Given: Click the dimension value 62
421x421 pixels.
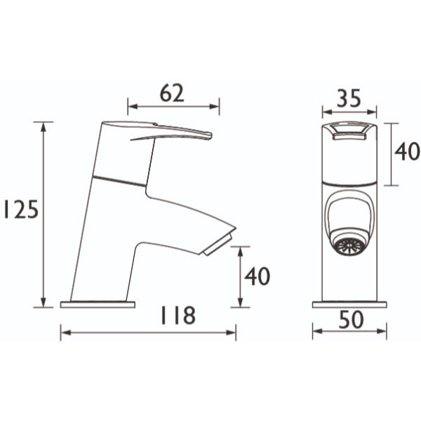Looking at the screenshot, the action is click(172, 93).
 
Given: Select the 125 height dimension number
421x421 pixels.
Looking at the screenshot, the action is click(21, 209).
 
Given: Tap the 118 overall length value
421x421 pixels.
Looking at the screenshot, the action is click(178, 315).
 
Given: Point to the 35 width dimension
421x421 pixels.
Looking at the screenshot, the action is click(349, 98).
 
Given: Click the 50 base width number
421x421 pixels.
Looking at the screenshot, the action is click(352, 319).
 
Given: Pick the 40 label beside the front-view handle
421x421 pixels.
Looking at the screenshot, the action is click(406, 152).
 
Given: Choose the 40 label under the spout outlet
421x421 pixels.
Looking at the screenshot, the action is click(257, 276).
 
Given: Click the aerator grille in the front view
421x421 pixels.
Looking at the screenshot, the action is click(349, 246).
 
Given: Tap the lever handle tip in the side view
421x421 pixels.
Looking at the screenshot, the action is click(210, 135).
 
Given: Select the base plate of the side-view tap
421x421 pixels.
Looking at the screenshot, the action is click(98, 305).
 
